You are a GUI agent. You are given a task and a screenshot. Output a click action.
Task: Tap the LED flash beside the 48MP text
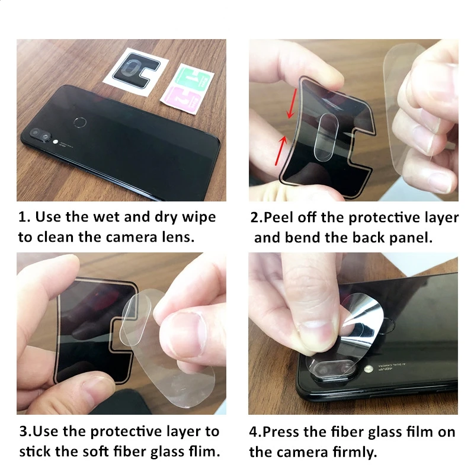coord(368,369)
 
